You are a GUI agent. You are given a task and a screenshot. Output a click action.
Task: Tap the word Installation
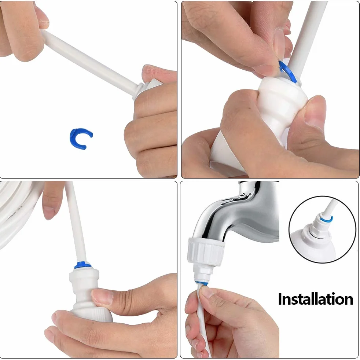[316, 299]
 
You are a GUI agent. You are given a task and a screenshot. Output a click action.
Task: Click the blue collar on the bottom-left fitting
[82, 265]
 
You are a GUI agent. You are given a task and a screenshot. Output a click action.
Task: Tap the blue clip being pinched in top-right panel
[288, 71]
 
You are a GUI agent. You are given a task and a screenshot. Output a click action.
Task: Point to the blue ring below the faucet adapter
[202, 283]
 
